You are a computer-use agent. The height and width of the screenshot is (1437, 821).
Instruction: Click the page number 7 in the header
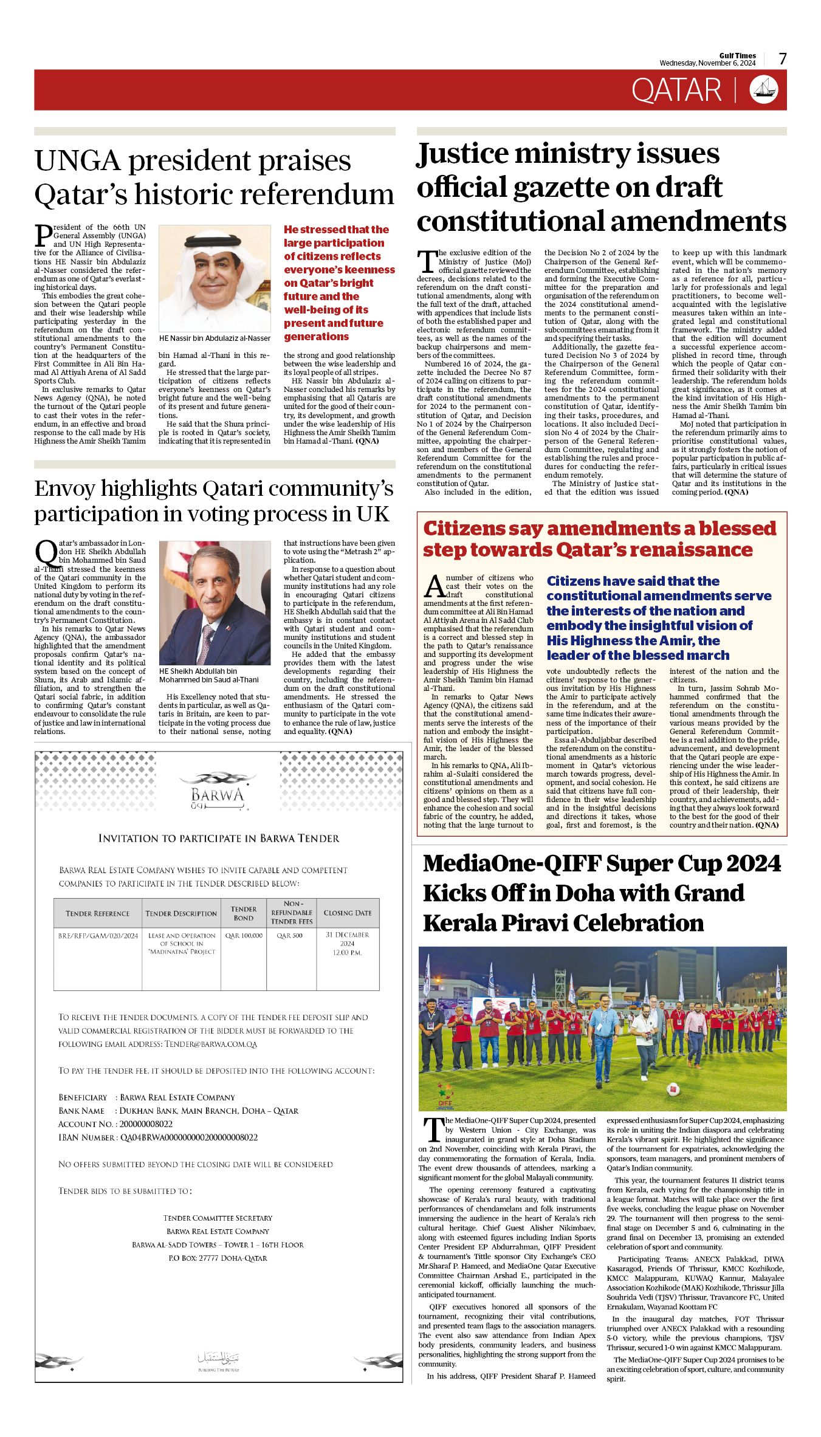(x=783, y=59)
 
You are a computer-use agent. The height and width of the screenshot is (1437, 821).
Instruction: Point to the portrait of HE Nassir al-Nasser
(x=215, y=278)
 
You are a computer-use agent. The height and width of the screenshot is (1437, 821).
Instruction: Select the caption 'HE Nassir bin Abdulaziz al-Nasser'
(x=215, y=338)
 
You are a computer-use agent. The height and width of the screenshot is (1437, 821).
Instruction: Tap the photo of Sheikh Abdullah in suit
(x=215, y=603)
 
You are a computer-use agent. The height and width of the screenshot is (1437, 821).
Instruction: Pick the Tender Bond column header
(x=243, y=913)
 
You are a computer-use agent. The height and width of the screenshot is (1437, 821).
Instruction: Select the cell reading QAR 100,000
(x=244, y=936)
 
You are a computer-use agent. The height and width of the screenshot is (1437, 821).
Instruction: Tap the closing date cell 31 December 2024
(x=347, y=944)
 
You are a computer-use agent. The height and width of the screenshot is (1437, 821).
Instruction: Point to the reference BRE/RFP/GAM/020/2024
(x=98, y=936)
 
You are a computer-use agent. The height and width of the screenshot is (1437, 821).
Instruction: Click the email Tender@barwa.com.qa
(x=211, y=1044)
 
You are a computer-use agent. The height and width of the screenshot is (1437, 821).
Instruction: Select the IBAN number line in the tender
(x=158, y=1137)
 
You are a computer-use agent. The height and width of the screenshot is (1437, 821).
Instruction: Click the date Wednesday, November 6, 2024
(x=707, y=63)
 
